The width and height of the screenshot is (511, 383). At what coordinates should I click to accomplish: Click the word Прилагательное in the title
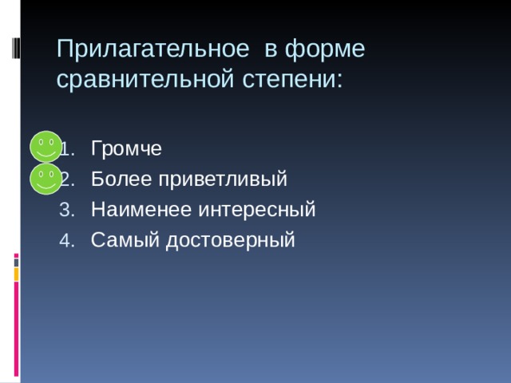click(153, 49)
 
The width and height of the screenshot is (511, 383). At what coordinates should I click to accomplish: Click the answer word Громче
click(126, 148)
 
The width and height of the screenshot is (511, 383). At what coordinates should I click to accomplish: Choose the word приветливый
click(223, 180)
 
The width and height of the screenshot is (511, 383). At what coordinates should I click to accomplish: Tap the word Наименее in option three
click(141, 209)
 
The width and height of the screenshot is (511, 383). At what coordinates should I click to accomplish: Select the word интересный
click(257, 210)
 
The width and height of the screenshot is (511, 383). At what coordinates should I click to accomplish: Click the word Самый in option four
click(125, 240)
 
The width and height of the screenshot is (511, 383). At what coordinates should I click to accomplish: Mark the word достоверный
click(231, 241)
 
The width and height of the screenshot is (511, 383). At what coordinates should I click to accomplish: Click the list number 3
click(67, 210)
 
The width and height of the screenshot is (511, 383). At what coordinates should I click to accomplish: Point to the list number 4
click(67, 240)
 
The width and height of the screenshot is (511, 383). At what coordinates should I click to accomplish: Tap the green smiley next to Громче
click(46, 147)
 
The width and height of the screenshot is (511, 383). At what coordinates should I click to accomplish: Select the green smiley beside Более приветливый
click(46, 179)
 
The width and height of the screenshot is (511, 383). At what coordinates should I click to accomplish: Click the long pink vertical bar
click(16, 329)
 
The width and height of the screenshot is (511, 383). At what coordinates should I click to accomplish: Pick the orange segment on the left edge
click(16, 274)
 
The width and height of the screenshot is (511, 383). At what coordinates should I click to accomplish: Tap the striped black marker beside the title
click(16, 48)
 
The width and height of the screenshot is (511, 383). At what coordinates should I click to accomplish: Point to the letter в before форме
click(271, 51)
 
